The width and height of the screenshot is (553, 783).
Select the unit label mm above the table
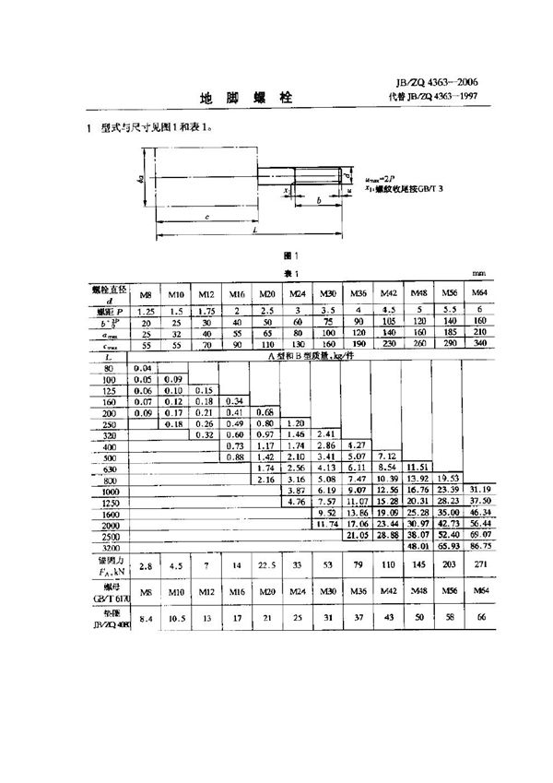click(x=477, y=274)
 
